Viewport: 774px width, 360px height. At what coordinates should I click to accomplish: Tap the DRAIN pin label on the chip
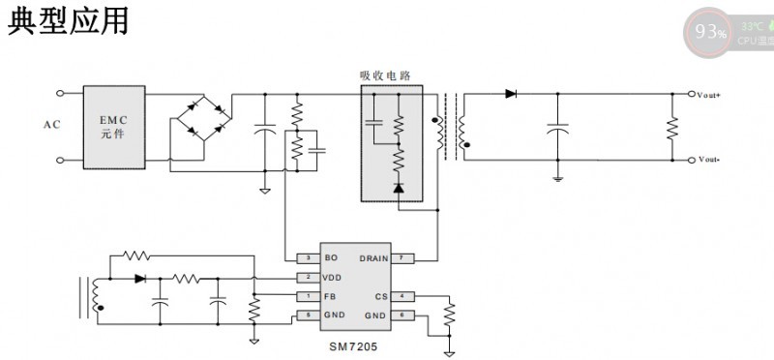[373, 258]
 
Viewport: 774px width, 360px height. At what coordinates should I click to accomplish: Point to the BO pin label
[331, 258]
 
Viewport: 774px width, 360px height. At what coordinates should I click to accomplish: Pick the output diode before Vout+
[510, 94]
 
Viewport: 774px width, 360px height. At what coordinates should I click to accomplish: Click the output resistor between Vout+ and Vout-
[671, 127]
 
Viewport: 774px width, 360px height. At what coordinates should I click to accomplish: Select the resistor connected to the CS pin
[449, 313]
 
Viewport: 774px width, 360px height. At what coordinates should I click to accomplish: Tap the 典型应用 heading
[68, 21]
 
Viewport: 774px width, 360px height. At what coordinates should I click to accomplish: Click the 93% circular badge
[710, 32]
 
